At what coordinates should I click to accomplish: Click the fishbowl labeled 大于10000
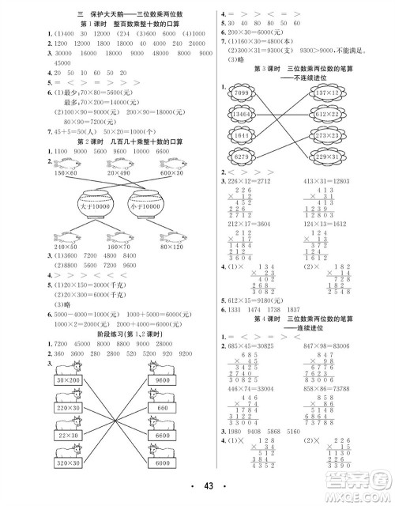pyautogui.click(x=92, y=206)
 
